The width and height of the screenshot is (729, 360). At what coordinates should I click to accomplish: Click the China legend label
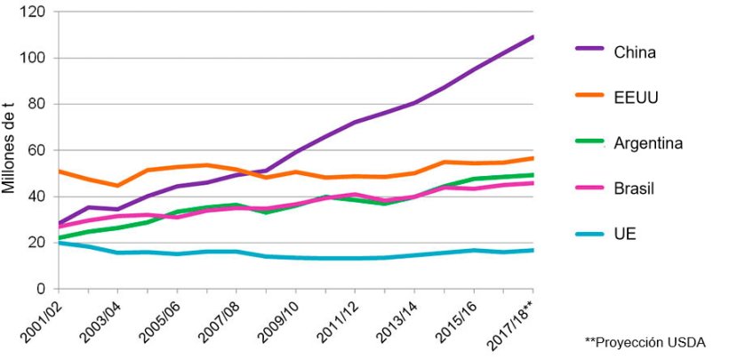coord(634,52)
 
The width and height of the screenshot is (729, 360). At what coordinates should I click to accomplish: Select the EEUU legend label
coord(635,97)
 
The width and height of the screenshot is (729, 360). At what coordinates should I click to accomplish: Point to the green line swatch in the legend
coord(589,142)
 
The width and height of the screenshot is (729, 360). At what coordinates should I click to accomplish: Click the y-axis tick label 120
coord(35,12)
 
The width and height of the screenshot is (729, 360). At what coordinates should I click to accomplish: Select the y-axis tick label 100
coord(35,59)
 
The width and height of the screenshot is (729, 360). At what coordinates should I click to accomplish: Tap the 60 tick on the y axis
coord(38,151)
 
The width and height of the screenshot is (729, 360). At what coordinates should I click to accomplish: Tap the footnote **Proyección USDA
coord(645,341)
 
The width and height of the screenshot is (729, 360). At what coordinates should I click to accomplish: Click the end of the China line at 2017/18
coord(533,37)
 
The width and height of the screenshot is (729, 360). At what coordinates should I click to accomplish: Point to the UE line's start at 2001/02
coord(59,243)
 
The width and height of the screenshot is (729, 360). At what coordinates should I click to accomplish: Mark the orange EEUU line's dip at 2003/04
coord(117,186)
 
